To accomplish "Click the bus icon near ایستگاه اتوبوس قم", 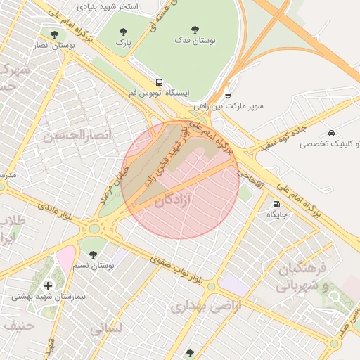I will pos(159,82).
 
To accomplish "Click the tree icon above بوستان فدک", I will pos(195,30).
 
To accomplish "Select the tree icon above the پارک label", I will pos(124,32).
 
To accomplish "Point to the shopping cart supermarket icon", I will pos(228,95).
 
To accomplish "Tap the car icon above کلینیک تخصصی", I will pos(331,133).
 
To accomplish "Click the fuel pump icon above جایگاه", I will pos(275,205).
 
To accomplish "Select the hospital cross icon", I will pos(48,285).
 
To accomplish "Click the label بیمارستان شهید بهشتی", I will pos(48,297).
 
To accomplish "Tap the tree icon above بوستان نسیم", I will pos(93,255).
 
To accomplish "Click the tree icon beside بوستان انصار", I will pos(54,34).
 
